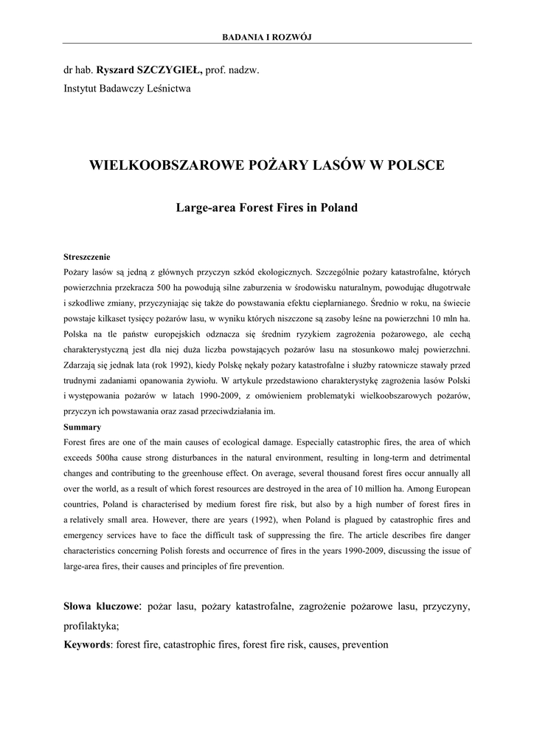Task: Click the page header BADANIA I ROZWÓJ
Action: click(x=267, y=37)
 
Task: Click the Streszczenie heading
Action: click(x=87, y=257)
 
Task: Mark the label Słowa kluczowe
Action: click(x=101, y=608)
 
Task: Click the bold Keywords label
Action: click(x=87, y=645)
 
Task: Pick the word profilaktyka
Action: click(x=90, y=626)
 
